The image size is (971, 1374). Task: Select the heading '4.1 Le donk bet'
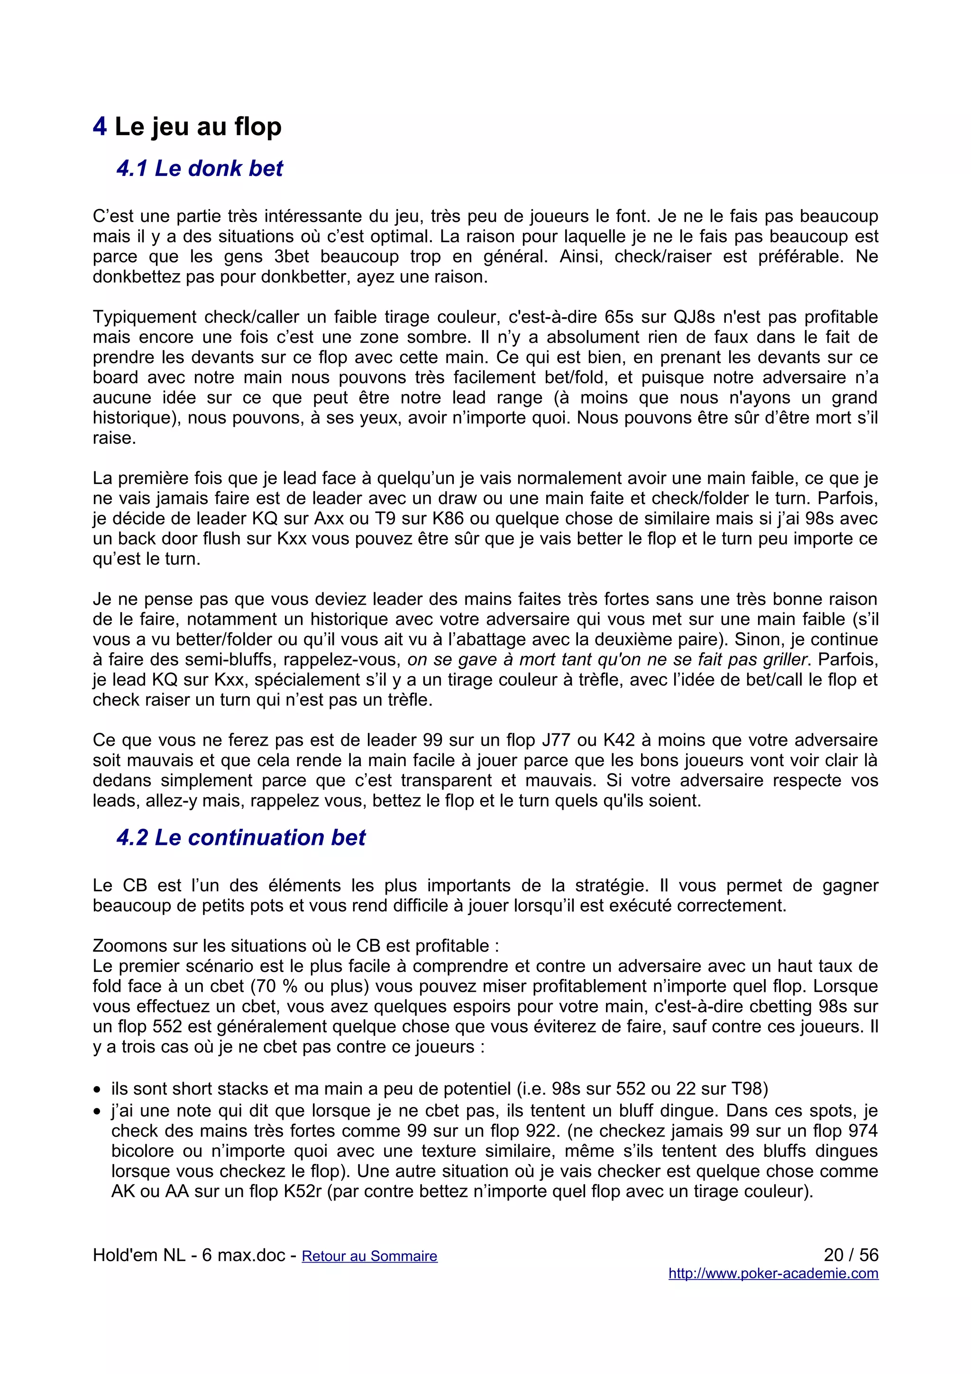click(x=199, y=169)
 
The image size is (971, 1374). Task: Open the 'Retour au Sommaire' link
click(x=369, y=1256)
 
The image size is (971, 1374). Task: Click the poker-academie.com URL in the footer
click(x=773, y=1273)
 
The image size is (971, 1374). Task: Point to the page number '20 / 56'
click(x=850, y=1255)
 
